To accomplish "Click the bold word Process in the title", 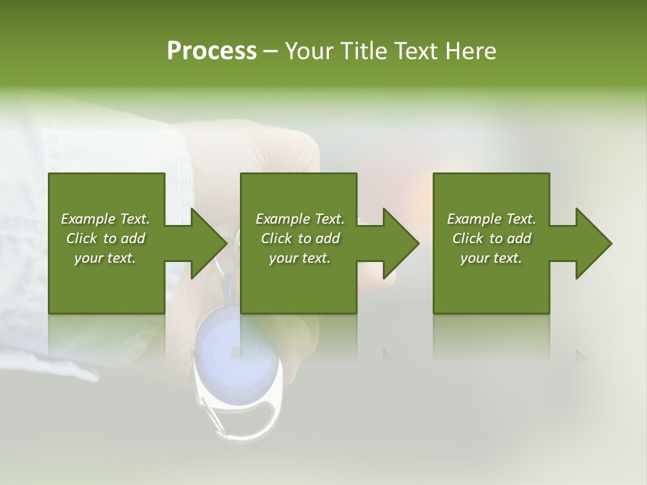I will [212, 51].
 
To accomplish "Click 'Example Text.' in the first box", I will [105, 219].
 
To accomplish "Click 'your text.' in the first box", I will [105, 258].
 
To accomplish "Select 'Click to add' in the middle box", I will [300, 238].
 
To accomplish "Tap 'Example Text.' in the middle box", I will [300, 219].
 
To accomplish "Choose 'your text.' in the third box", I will [491, 258].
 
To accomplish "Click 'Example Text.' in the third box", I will [491, 219].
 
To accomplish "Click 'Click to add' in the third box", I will [491, 238].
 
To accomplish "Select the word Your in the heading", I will [307, 51].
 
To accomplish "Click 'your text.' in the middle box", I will [300, 258].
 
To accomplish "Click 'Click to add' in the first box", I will [105, 238].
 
